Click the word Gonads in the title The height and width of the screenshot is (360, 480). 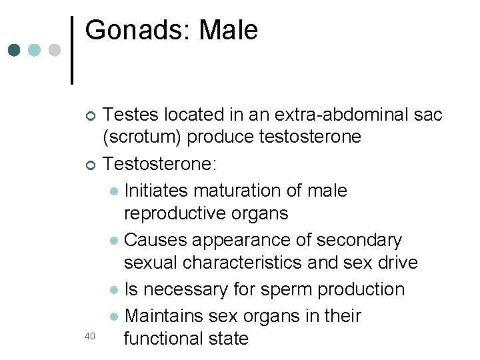[x=138, y=31]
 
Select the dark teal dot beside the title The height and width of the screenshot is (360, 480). [x=15, y=50]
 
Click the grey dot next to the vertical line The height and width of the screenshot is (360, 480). [x=55, y=50]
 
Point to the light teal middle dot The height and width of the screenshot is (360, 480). [x=35, y=50]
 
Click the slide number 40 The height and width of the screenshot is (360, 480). [x=90, y=337]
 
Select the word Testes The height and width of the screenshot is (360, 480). [x=131, y=115]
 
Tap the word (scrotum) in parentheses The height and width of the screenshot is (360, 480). [x=142, y=137]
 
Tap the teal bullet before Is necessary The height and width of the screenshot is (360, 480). [x=114, y=291]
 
